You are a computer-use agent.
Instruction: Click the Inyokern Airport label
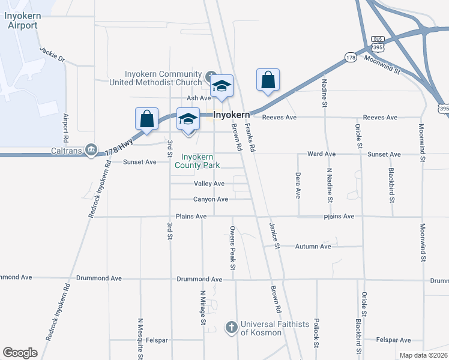[21, 21]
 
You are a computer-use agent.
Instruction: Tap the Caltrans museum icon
[91, 149]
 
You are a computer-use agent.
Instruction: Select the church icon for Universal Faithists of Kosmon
[232, 327]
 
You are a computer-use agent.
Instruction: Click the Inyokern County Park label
[197, 161]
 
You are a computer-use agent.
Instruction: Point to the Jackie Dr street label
[52, 55]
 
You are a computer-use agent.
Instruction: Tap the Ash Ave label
[199, 98]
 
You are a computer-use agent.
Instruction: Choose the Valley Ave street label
[209, 184]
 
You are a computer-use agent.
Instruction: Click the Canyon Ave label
[210, 199]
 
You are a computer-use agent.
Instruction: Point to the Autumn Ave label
[313, 246]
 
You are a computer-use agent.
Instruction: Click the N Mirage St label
[203, 306]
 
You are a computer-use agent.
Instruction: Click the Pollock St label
[316, 333]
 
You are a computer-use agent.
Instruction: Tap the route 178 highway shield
[351, 57]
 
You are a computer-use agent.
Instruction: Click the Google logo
[20, 353]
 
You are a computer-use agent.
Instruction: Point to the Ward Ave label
[321, 154]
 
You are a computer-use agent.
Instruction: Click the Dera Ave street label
[298, 185]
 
